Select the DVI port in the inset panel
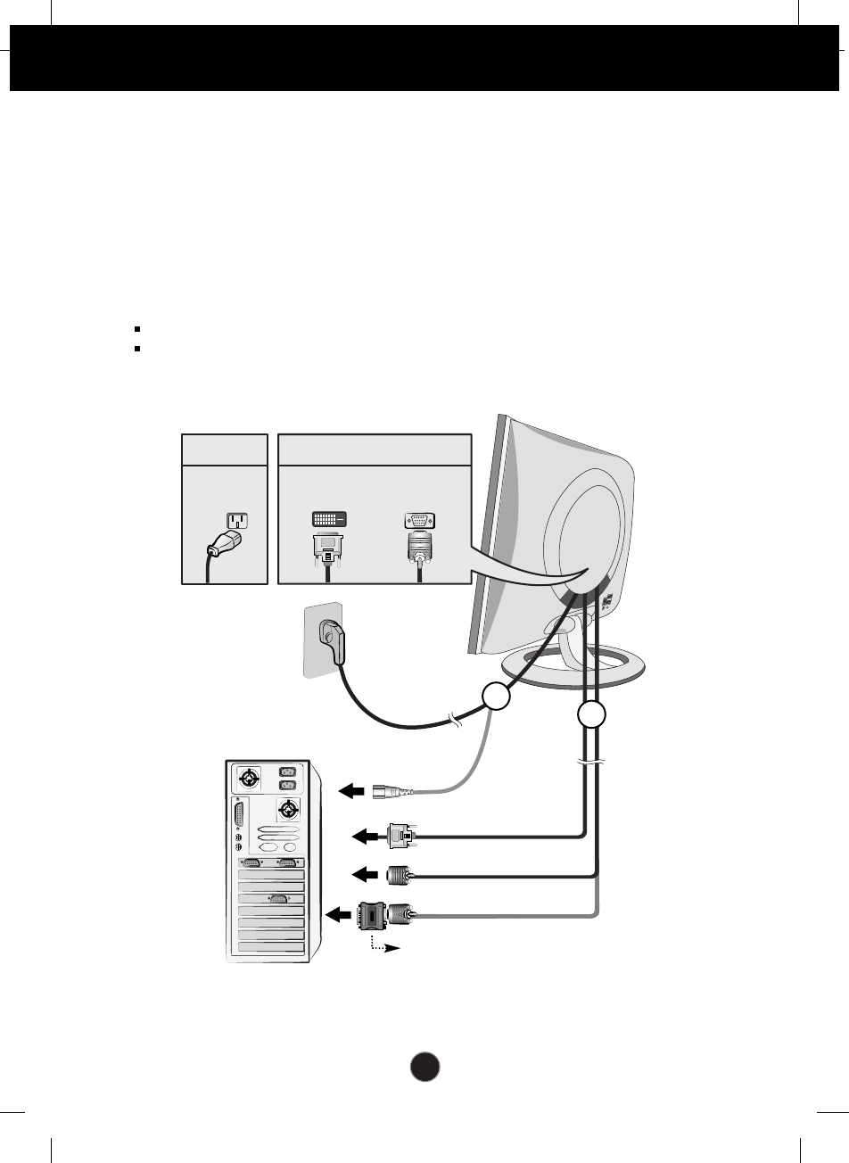[x=330, y=519]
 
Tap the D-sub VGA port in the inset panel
[x=418, y=521]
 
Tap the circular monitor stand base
[x=576, y=670]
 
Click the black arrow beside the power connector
[x=354, y=790]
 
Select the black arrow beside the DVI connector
[x=366, y=837]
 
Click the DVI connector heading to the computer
[x=400, y=836]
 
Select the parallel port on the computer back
[x=239, y=817]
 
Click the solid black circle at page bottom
[x=425, y=1067]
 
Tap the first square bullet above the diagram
[x=138, y=329]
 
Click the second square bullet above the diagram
[x=138, y=348]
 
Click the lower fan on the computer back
[x=287, y=811]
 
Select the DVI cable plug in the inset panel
[x=329, y=550]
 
